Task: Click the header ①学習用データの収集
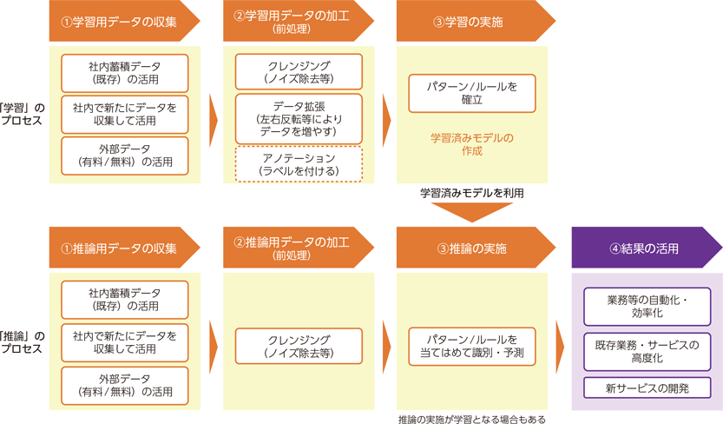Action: click(120, 22)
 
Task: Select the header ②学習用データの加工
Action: click(291, 22)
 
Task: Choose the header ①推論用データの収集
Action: click(120, 248)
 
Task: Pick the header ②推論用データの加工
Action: click(291, 248)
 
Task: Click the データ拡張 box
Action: click(299, 119)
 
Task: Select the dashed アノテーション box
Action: click(299, 165)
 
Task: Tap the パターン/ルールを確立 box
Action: click(472, 94)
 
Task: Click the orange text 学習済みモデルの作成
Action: click(472, 144)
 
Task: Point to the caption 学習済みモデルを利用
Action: click(472, 193)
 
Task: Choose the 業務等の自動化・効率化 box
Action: click(647, 307)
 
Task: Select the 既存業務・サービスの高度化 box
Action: click(647, 351)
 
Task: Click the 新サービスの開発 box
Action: click(647, 388)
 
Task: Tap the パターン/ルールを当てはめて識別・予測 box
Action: click(472, 347)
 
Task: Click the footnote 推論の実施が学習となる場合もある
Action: click(472, 418)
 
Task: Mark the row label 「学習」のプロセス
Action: click(22, 115)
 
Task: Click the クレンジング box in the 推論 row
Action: click(299, 347)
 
